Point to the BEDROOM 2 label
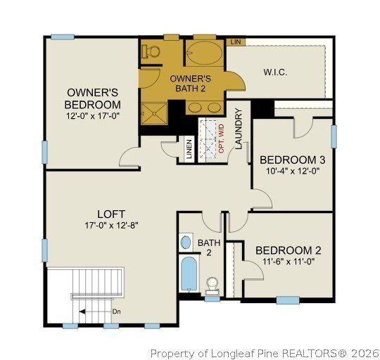coord(288,250)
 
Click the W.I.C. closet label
coord(275,72)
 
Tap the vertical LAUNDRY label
coord(238,129)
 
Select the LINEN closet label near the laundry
coord(189,149)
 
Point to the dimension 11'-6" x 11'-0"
coord(288,262)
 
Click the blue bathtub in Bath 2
coord(188,275)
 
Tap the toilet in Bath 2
coord(211,285)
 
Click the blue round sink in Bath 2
coord(186,243)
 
